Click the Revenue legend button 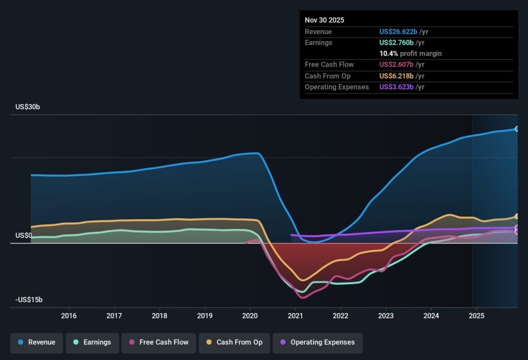(x=37, y=342)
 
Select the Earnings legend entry (x=92, y=342)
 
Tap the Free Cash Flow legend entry (x=159, y=342)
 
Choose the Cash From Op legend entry (x=234, y=342)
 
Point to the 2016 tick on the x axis (x=69, y=316)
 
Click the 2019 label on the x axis (x=205, y=316)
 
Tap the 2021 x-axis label (x=295, y=316)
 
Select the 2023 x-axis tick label (x=386, y=316)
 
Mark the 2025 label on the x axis (x=477, y=316)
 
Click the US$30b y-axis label (x=28, y=107)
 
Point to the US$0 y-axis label (x=24, y=236)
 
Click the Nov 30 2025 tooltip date (x=324, y=20)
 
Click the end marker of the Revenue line (x=517, y=129)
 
